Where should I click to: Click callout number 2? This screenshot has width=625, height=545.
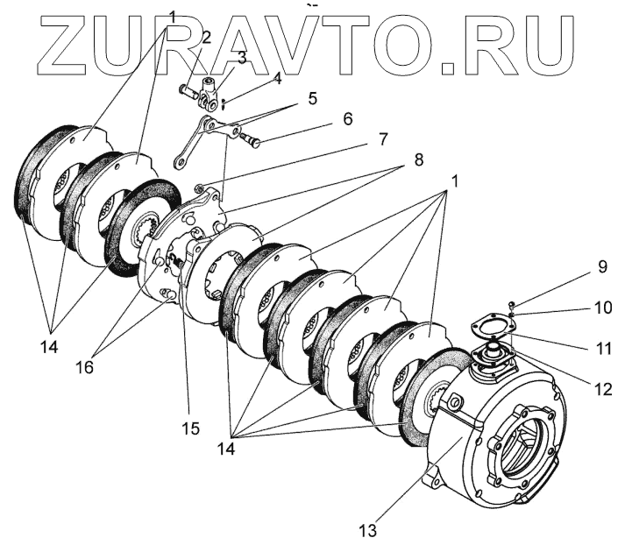207,37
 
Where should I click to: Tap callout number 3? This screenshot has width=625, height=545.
243,59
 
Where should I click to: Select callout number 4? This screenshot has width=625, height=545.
277,77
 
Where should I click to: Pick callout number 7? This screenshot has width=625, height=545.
381,139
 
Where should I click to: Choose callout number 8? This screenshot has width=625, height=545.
417,161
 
